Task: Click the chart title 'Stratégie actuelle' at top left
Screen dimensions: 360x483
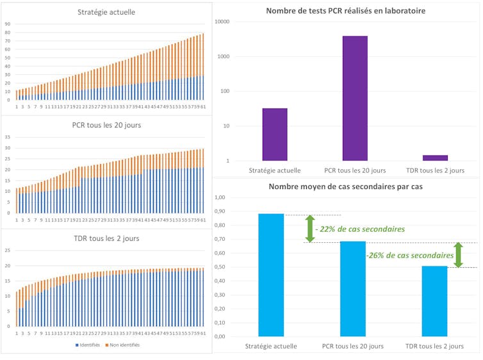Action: pos(106,12)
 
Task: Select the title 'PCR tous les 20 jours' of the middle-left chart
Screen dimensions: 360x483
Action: pos(106,125)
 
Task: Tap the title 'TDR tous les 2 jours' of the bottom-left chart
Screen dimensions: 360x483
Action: pos(106,238)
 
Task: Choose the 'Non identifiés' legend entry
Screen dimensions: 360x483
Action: pos(124,345)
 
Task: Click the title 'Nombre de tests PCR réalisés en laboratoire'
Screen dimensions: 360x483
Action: pos(346,11)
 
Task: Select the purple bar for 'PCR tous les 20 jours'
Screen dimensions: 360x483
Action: pos(355,98)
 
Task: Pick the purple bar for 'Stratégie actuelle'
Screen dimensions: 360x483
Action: pos(275,134)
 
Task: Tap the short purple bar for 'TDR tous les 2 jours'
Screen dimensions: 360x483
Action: pos(435,158)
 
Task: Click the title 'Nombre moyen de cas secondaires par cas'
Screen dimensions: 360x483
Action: pos(346,186)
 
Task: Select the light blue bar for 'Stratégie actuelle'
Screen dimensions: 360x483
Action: pos(271,275)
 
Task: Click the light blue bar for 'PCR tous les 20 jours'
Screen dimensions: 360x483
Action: pos(352,288)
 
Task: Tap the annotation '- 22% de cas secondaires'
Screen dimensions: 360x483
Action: pos(360,229)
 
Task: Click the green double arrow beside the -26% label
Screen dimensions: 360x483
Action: pos(458,254)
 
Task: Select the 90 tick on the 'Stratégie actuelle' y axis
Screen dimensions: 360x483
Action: pos(7,24)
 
